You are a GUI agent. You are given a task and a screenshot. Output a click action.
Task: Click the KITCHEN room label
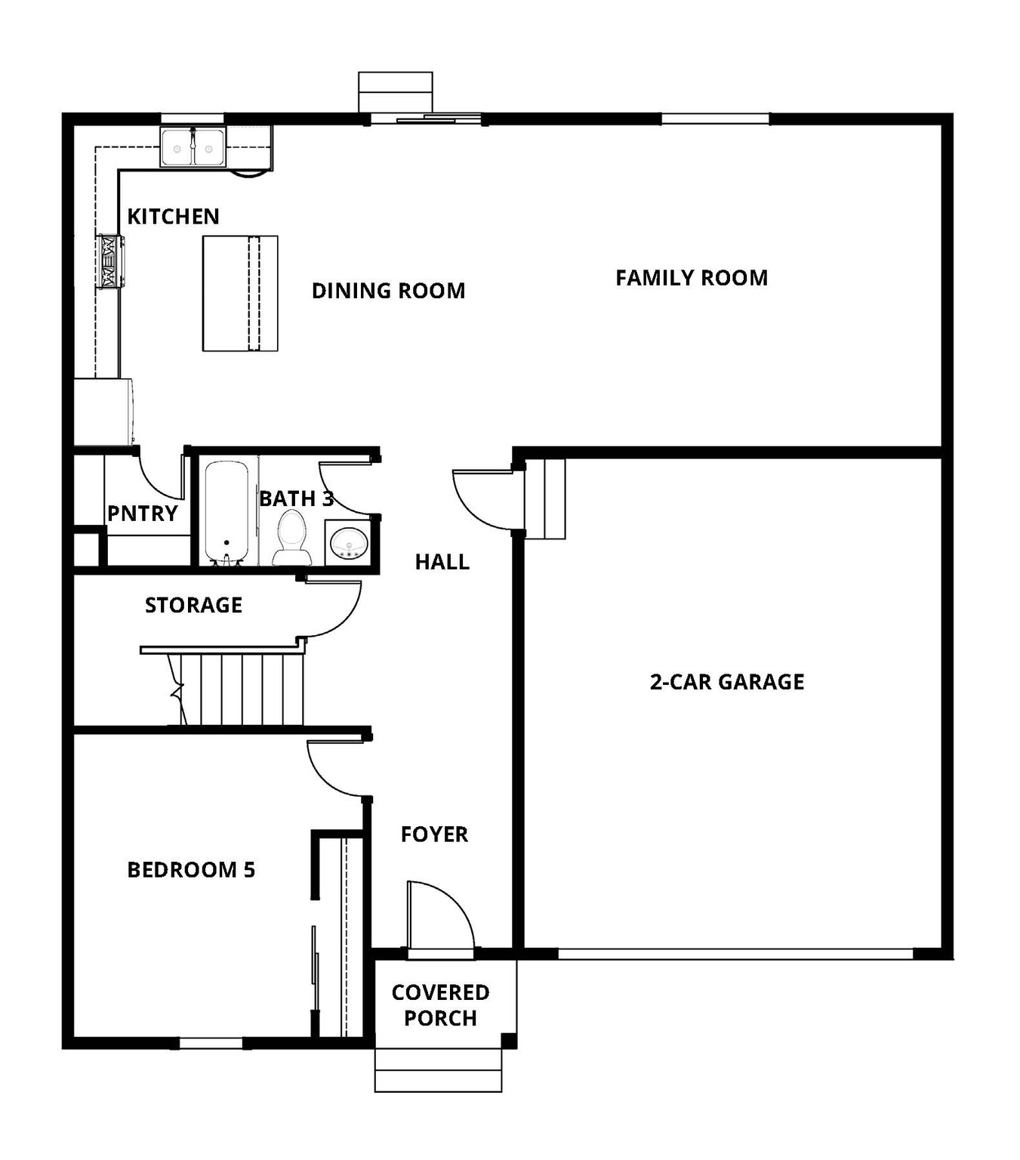(x=173, y=217)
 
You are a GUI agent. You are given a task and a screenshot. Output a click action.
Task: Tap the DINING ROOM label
(x=388, y=291)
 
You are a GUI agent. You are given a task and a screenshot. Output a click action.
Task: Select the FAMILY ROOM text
(x=691, y=278)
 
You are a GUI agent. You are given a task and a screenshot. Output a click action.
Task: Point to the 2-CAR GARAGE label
(x=726, y=682)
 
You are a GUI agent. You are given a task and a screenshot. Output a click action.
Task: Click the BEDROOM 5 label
(x=191, y=870)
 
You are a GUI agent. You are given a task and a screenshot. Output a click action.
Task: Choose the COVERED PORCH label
(x=440, y=1005)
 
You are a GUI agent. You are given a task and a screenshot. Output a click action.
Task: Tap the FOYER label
(x=434, y=835)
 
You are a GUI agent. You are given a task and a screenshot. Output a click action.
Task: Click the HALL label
(x=442, y=562)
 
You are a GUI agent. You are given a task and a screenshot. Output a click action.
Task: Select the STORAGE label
(x=193, y=605)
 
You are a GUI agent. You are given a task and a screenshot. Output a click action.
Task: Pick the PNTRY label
(x=142, y=514)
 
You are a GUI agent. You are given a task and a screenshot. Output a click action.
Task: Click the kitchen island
(x=240, y=293)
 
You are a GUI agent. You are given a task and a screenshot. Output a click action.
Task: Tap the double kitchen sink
(x=193, y=147)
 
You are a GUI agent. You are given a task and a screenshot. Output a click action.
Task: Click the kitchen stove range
(x=109, y=261)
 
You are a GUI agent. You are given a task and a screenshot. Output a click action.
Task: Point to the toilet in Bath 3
(x=291, y=536)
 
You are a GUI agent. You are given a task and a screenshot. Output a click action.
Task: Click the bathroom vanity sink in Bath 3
(x=349, y=542)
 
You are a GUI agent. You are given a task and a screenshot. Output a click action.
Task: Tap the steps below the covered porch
(x=438, y=1069)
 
